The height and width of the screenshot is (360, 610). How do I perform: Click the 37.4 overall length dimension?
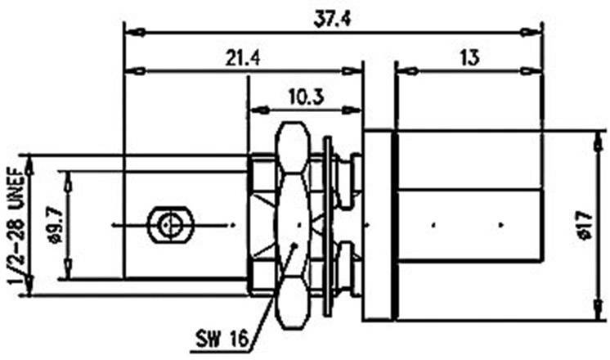pyautogui.click(x=332, y=21)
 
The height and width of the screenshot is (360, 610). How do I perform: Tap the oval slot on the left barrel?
pyautogui.click(x=168, y=224)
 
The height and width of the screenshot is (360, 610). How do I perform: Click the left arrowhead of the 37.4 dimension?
pyautogui.click(x=132, y=33)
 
